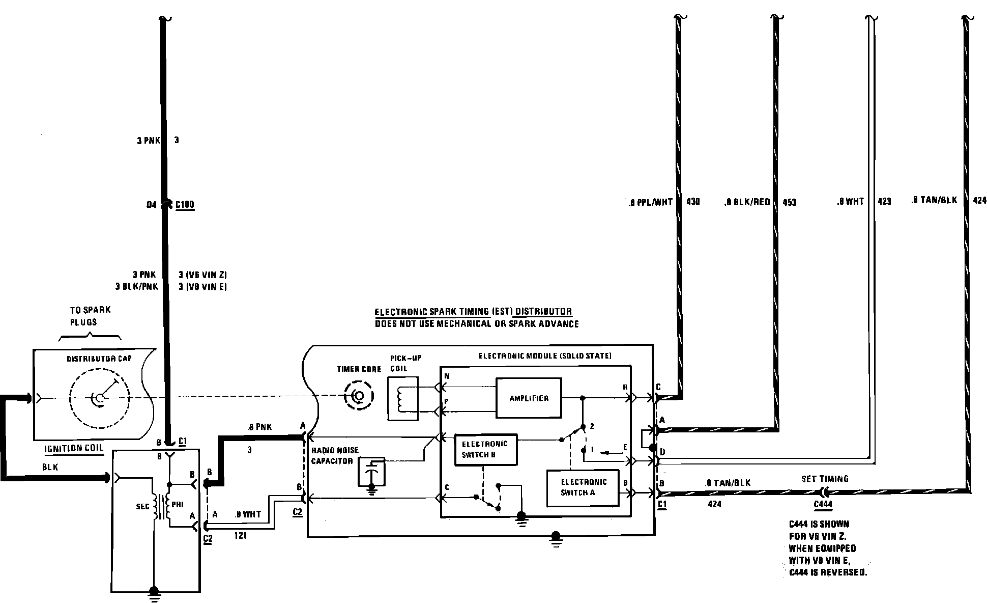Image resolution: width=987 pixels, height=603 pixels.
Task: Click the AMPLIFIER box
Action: click(529, 398)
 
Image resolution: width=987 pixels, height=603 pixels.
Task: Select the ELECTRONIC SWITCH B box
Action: click(485, 449)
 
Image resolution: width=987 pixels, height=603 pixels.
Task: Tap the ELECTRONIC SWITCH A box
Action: click(583, 487)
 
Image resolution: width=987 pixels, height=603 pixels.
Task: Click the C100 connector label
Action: click(185, 205)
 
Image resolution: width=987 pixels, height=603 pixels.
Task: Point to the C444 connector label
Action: click(823, 504)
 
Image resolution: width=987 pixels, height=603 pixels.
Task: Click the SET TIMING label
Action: click(825, 479)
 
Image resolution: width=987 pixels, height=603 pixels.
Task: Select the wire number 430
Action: click(693, 202)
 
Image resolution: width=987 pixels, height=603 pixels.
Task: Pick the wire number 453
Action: click(789, 202)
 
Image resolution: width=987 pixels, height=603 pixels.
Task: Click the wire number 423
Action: click(884, 201)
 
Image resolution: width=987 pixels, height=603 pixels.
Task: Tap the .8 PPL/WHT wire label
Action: click(651, 202)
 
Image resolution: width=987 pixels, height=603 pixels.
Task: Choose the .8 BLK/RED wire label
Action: click(747, 202)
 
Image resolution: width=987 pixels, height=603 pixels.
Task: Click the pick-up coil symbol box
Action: click(402, 398)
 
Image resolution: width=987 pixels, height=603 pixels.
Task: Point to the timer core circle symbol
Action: click(359, 396)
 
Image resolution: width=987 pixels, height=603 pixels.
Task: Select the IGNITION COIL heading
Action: click(74, 448)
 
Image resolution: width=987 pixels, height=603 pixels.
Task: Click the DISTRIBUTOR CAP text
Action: click(99, 359)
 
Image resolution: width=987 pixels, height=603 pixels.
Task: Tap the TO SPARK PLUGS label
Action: click(91, 316)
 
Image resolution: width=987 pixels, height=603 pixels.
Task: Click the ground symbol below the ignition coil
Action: click(154, 592)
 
